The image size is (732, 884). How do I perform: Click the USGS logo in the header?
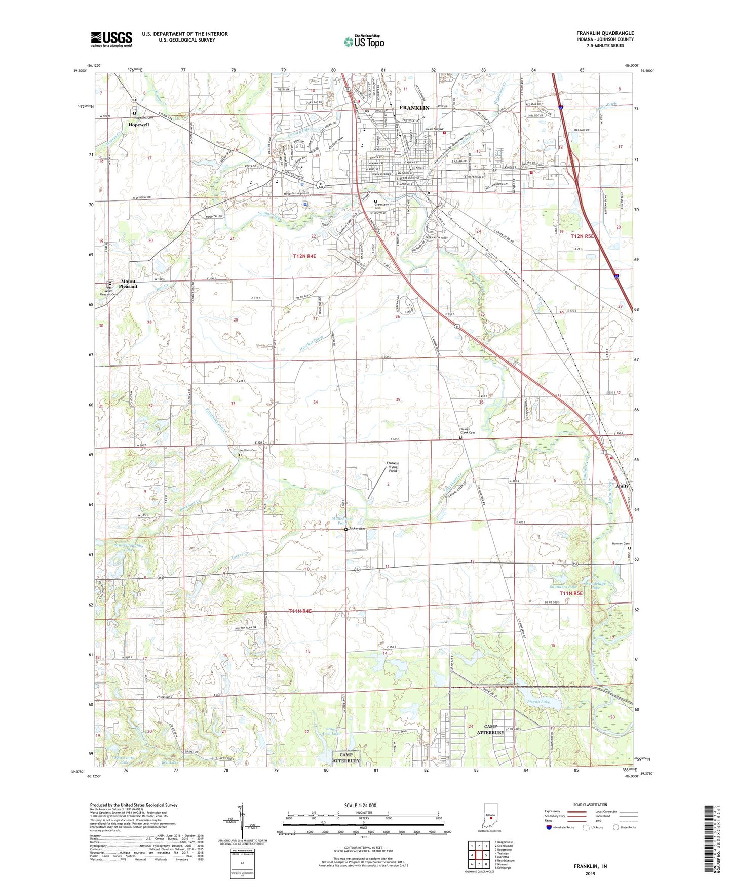click(111, 39)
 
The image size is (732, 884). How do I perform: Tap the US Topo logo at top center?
click(364, 42)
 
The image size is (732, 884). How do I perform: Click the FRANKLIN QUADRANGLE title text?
click(605, 33)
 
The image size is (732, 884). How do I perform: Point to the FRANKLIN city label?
click(414, 108)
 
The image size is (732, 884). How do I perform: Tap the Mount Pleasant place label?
click(129, 284)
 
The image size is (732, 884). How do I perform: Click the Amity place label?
click(622, 486)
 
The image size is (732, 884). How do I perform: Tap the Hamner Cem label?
click(620, 544)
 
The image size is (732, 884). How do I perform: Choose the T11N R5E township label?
click(571, 593)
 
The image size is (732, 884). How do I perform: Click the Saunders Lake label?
click(563, 586)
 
